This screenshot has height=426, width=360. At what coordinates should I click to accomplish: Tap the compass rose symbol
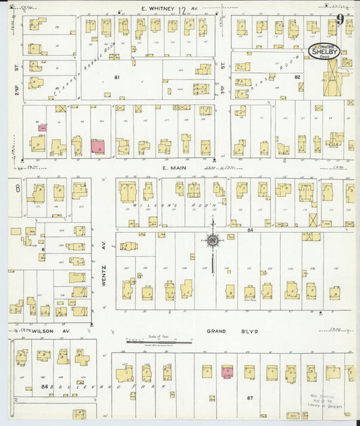(x=212, y=240)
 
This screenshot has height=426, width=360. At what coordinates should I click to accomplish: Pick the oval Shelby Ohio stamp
(x=324, y=51)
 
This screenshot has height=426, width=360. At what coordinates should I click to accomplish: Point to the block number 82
(x=297, y=78)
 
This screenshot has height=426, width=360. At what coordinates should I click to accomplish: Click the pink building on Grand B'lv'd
(x=227, y=371)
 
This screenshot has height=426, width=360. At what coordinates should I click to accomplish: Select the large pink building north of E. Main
(x=98, y=146)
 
